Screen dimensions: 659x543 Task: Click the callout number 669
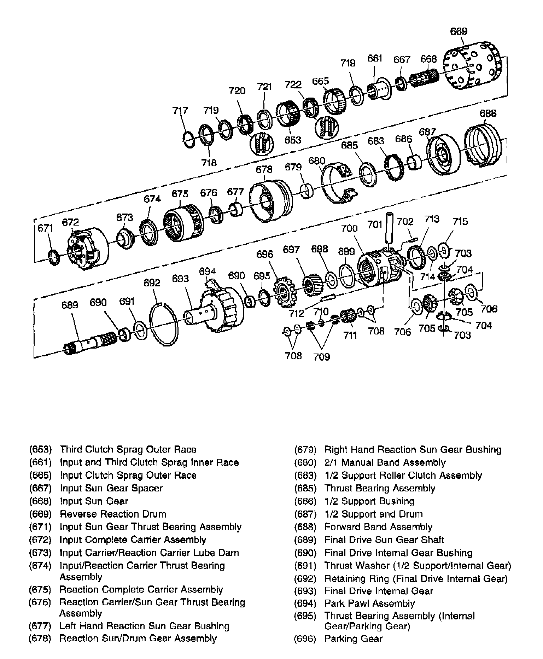(x=459, y=31)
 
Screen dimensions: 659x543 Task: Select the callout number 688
(x=488, y=113)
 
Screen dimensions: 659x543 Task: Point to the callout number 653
(x=293, y=140)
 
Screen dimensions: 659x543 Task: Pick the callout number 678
(x=264, y=170)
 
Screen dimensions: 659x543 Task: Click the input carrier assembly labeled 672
(x=87, y=249)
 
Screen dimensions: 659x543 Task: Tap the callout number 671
(x=45, y=228)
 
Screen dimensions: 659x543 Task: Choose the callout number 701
(x=375, y=224)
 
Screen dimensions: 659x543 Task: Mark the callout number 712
(x=296, y=313)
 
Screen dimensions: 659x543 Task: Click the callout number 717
(x=180, y=111)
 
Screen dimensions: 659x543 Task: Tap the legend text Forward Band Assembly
(x=378, y=527)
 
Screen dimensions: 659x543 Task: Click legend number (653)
(x=40, y=450)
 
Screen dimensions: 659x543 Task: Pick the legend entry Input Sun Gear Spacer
(x=111, y=488)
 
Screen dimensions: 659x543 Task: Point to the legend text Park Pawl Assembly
(x=369, y=603)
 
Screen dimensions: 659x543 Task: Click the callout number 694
(x=207, y=271)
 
